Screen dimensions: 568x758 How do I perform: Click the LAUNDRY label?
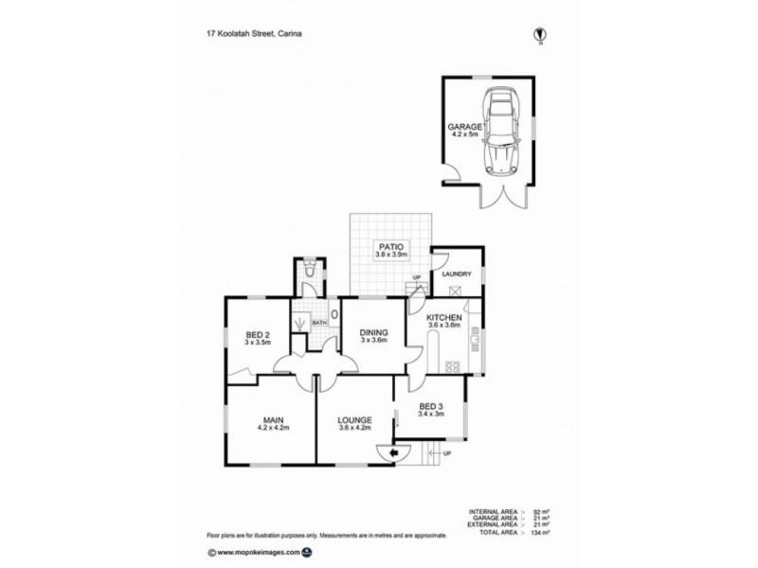pos(457,274)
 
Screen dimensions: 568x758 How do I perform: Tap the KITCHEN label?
pos(443,316)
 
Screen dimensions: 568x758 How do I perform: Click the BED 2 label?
pos(258,333)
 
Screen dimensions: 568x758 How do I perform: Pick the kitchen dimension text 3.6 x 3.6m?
pos(443,325)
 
